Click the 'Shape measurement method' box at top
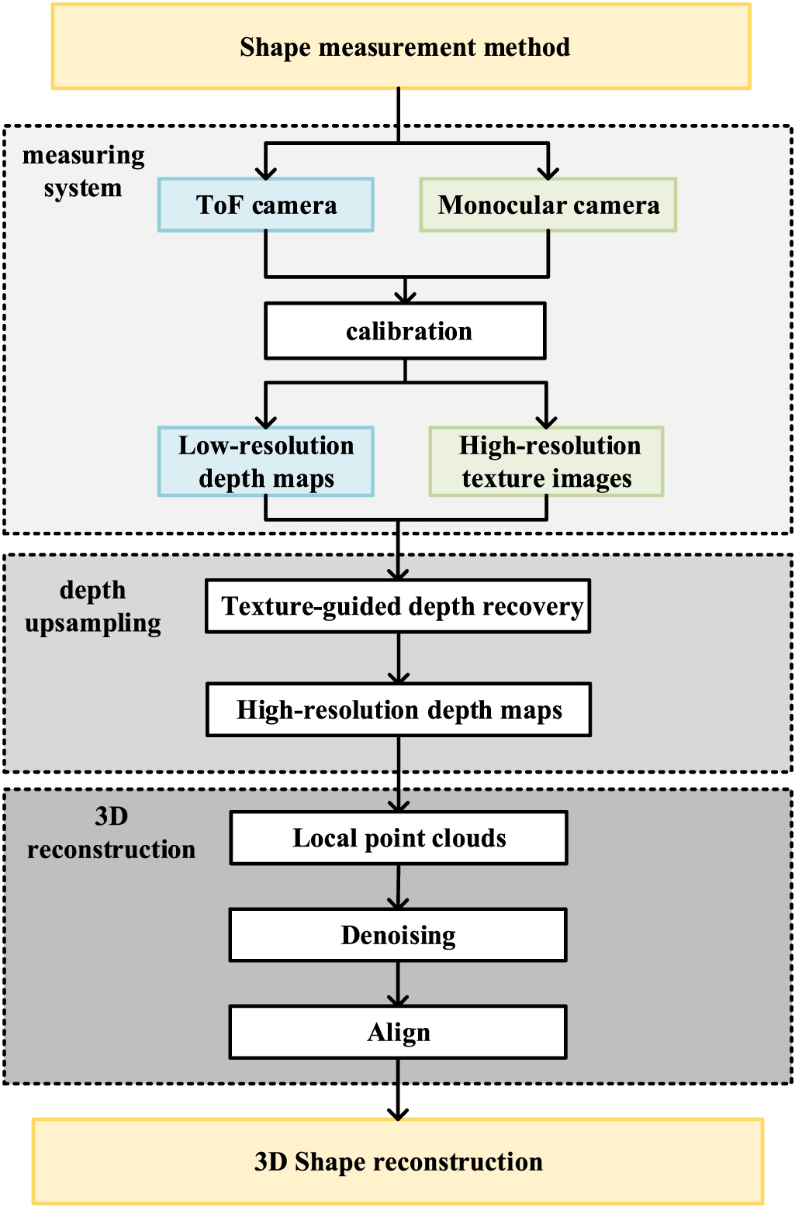(401, 47)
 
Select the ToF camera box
(266, 205)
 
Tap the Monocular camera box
(548, 205)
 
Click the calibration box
(405, 331)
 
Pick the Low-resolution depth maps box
(266, 461)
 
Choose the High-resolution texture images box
(547, 461)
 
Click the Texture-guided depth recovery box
(398, 606)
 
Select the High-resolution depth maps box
(399, 709)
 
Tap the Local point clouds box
(399, 838)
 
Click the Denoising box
(398, 935)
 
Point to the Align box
(398, 1032)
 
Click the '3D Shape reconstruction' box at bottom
(398, 1161)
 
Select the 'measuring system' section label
(83, 171)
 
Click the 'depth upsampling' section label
(93, 606)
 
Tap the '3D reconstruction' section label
(111, 833)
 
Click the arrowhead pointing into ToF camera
(266, 171)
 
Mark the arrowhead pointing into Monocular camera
(548, 171)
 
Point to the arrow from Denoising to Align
(398, 985)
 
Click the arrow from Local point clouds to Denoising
(398, 887)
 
